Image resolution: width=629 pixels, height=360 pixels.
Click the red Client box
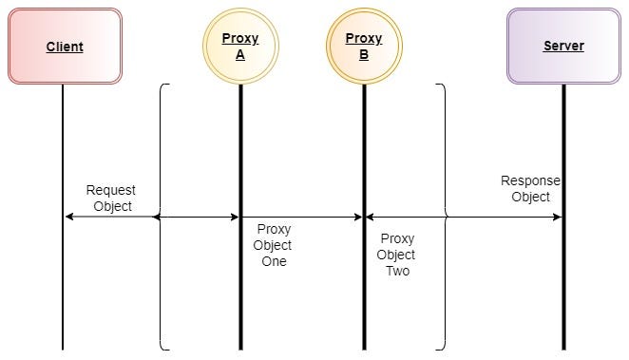(x=65, y=46)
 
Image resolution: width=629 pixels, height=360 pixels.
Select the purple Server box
(x=563, y=46)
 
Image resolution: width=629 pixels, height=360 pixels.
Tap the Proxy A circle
(x=240, y=47)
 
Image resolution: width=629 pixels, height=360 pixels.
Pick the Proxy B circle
(x=363, y=47)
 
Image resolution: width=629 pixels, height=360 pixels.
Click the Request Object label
(x=111, y=198)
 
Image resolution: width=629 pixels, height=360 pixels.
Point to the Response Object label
(x=530, y=189)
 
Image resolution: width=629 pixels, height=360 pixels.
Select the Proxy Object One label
(x=274, y=245)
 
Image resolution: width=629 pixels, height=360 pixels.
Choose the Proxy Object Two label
(x=396, y=255)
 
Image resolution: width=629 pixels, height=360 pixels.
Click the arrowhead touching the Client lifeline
(x=69, y=218)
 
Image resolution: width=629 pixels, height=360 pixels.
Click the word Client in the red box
(x=65, y=47)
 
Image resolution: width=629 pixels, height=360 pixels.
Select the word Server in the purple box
(x=563, y=46)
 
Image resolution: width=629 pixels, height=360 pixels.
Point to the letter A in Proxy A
(x=240, y=55)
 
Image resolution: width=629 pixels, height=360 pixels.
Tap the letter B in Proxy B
(x=363, y=55)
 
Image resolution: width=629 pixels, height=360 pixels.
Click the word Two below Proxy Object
(x=397, y=271)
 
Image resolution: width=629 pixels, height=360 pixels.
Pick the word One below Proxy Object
(x=274, y=261)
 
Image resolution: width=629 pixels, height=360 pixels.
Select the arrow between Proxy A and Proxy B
(x=301, y=218)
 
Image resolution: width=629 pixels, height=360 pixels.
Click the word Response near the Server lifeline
(x=530, y=180)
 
